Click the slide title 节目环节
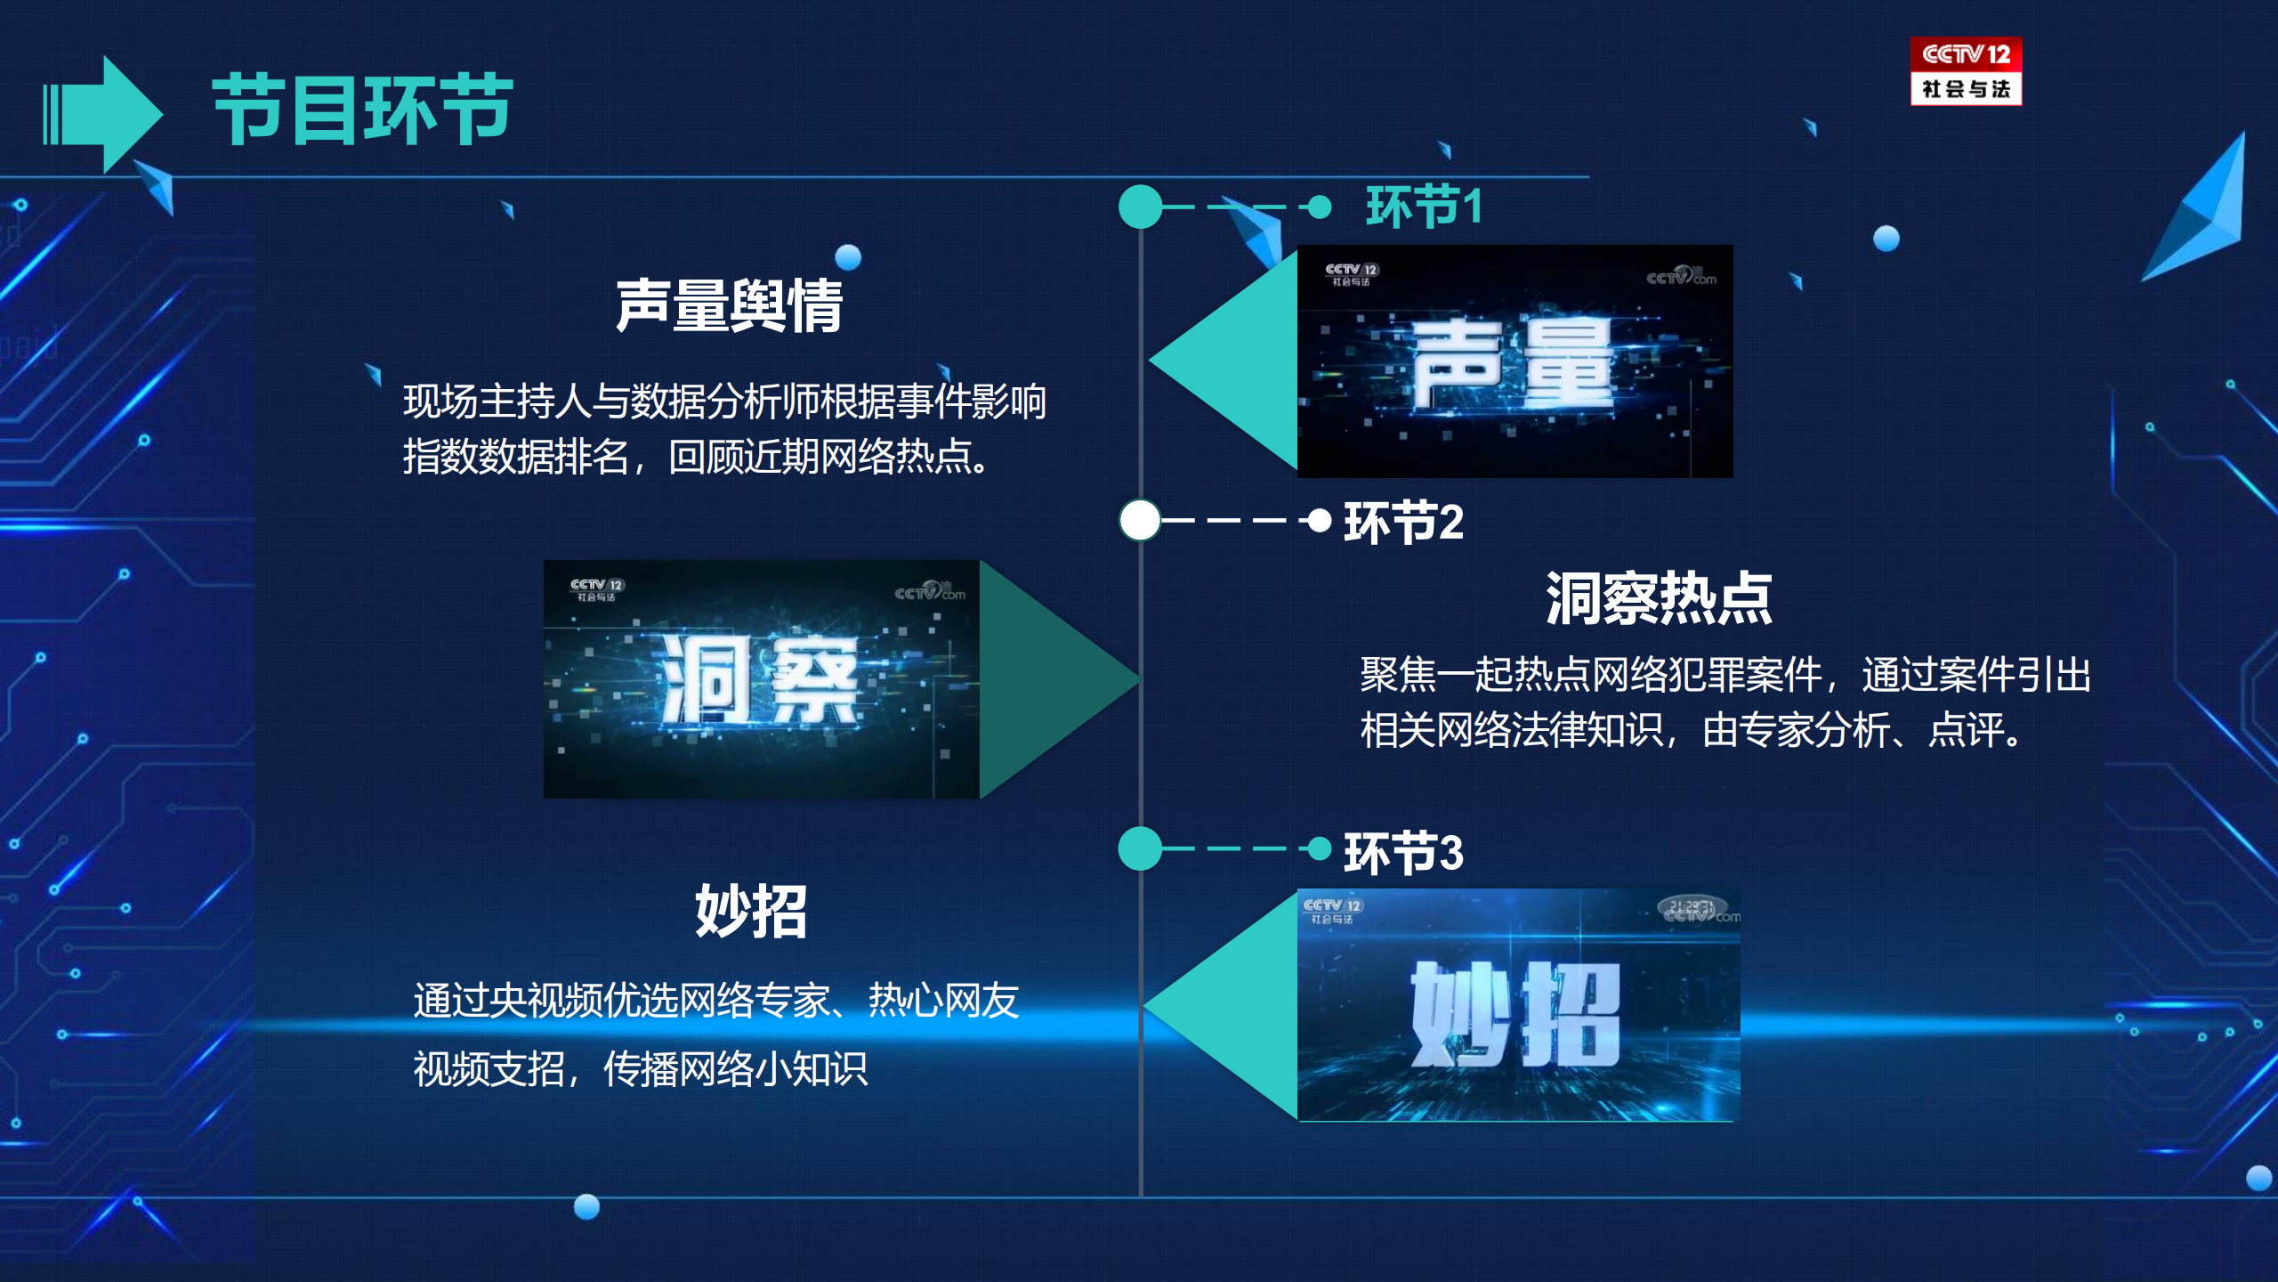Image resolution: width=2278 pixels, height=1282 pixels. [x=363, y=110]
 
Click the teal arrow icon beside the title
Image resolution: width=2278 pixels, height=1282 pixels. [x=103, y=114]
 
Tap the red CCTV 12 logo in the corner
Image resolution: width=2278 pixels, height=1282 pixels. [x=1966, y=71]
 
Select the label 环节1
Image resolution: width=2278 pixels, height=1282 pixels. [x=1424, y=207]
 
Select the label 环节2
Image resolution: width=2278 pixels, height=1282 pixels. [x=1403, y=522]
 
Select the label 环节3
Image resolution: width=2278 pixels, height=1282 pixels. [x=1403, y=852]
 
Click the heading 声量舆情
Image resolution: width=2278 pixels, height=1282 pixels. [x=730, y=305]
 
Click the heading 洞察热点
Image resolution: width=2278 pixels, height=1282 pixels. [x=1659, y=598]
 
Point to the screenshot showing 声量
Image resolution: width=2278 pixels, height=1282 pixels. [x=1515, y=361]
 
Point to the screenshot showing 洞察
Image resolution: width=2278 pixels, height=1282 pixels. [x=762, y=678]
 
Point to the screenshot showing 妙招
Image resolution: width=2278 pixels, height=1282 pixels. [x=1518, y=1005]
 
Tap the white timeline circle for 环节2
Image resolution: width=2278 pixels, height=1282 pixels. [x=1140, y=520]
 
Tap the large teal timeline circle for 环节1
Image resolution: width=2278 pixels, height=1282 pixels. [x=1140, y=207]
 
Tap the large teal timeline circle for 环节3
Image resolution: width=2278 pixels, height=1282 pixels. [x=1140, y=848]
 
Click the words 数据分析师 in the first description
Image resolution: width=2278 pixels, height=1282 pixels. [x=724, y=402]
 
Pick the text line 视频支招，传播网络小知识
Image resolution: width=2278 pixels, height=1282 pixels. [x=641, y=1068]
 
